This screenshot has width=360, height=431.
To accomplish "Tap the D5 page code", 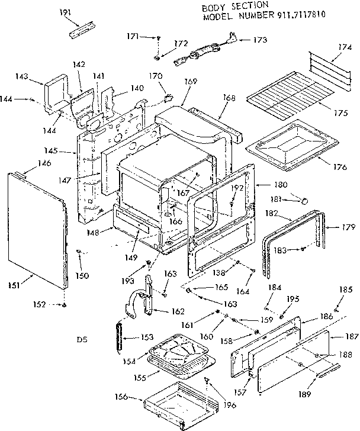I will (x=82, y=340).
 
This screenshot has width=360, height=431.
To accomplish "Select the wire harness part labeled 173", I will (x=201, y=52).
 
